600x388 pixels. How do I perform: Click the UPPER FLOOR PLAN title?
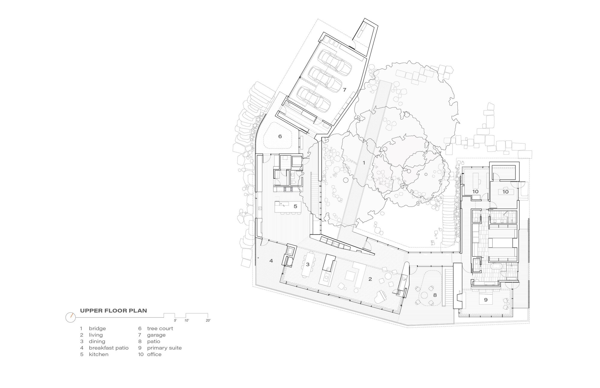coord(113,311)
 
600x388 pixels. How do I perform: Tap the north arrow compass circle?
coord(70,317)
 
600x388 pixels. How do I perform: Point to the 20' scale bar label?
coord(208,321)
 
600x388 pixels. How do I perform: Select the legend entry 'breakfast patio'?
coord(108,348)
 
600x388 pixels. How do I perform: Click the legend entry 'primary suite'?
coord(164,348)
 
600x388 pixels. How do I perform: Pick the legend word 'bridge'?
coord(97,328)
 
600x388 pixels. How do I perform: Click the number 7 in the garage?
coord(345,90)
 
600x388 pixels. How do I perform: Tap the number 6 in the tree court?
coord(280,136)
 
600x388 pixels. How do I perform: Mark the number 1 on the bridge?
coord(364,163)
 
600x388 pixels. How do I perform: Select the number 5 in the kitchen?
coord(295,206)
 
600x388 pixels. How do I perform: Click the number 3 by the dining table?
coord(307,264)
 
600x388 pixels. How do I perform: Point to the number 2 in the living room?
coord(370,279)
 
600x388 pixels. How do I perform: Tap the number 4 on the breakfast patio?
coord(271,261)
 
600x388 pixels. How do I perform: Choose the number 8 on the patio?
coord(435,295)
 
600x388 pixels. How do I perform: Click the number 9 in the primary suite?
coord(485,300)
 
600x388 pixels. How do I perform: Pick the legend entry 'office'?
coord(154,354)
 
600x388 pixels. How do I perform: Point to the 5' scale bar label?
coord(175,321)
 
